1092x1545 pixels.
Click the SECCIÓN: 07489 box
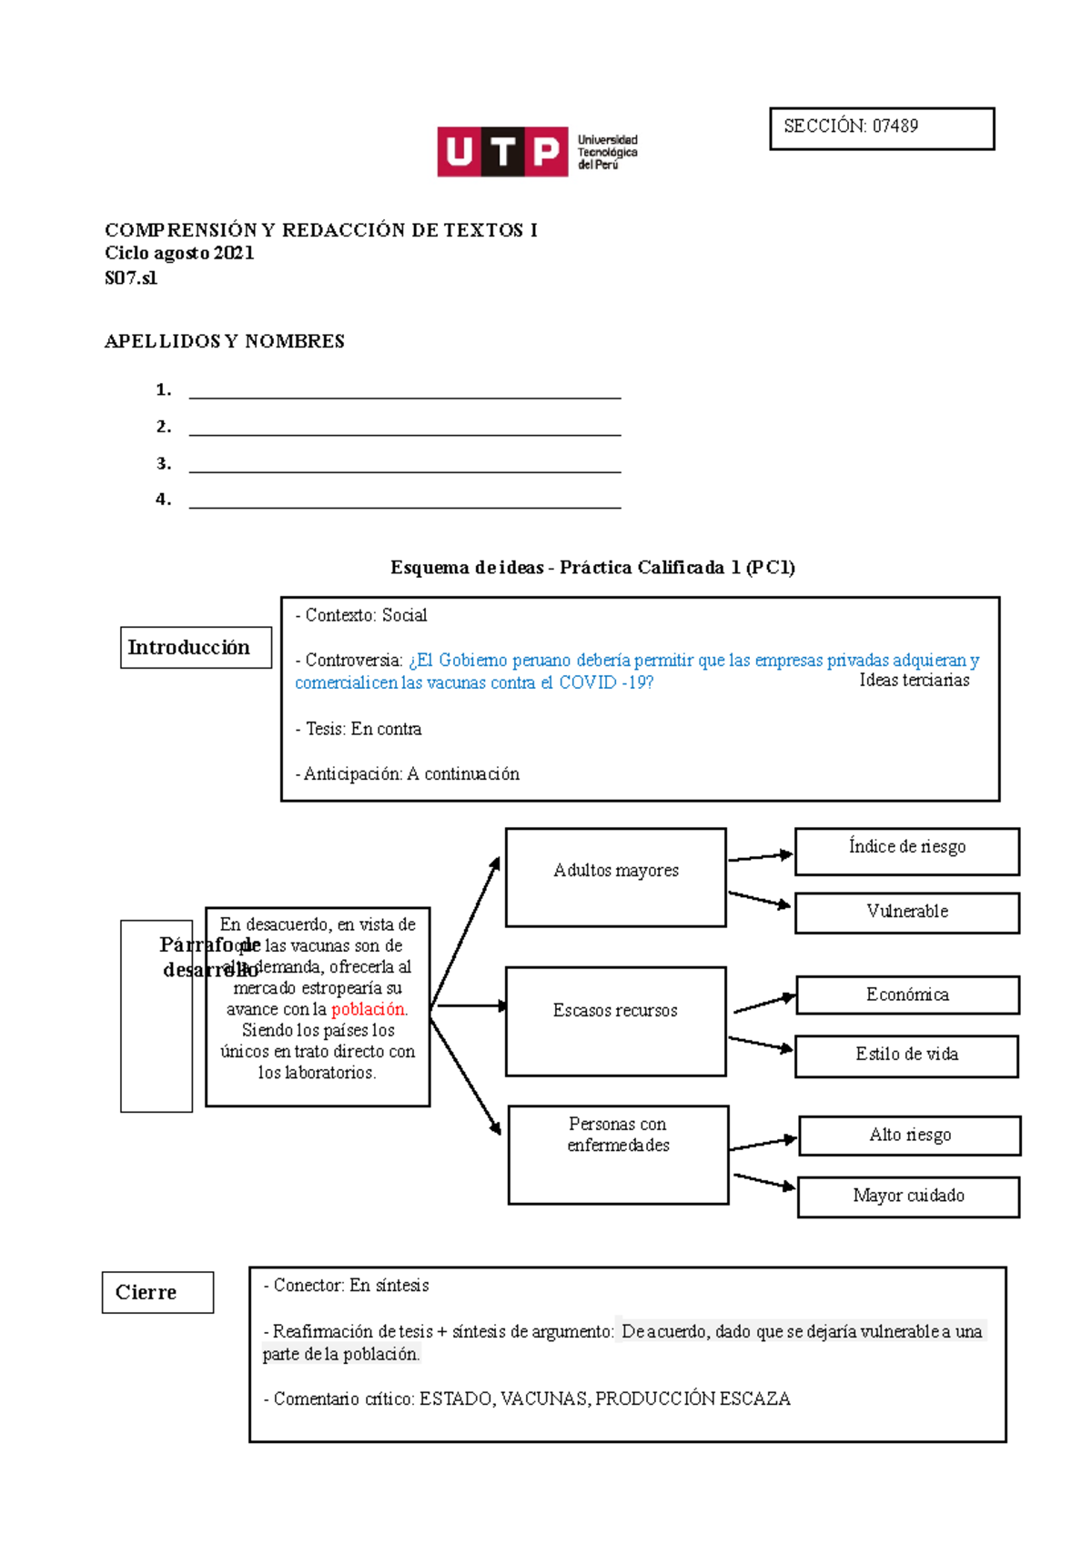click(x=881, y=128)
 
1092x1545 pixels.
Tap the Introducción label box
click(x=196, y=648)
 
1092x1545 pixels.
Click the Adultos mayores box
click(x=615, y=877)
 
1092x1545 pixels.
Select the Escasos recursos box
click(x=615, y=1021)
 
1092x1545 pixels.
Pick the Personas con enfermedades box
click(x=618, y=1155)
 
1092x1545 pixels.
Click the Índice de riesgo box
click(x=906, y=851)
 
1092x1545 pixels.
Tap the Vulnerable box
click(x=906, y=913)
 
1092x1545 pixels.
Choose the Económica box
click(x=907, y=995)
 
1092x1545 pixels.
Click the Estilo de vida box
click(x=906, y=1055)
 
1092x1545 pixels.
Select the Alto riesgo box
click(x=909, y=1136)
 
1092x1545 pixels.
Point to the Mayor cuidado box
click(x=908, y=1197)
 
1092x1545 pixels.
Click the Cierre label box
click(x=157, y=1292)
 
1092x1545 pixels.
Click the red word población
click(x=369, y=1009)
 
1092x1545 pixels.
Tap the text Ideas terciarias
click(x=914, y=681)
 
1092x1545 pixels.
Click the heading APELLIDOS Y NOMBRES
click(x=224, y=341)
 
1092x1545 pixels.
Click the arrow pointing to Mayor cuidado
click(x=763, y=1182)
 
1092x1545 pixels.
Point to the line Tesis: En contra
click(x=359, y=729)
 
